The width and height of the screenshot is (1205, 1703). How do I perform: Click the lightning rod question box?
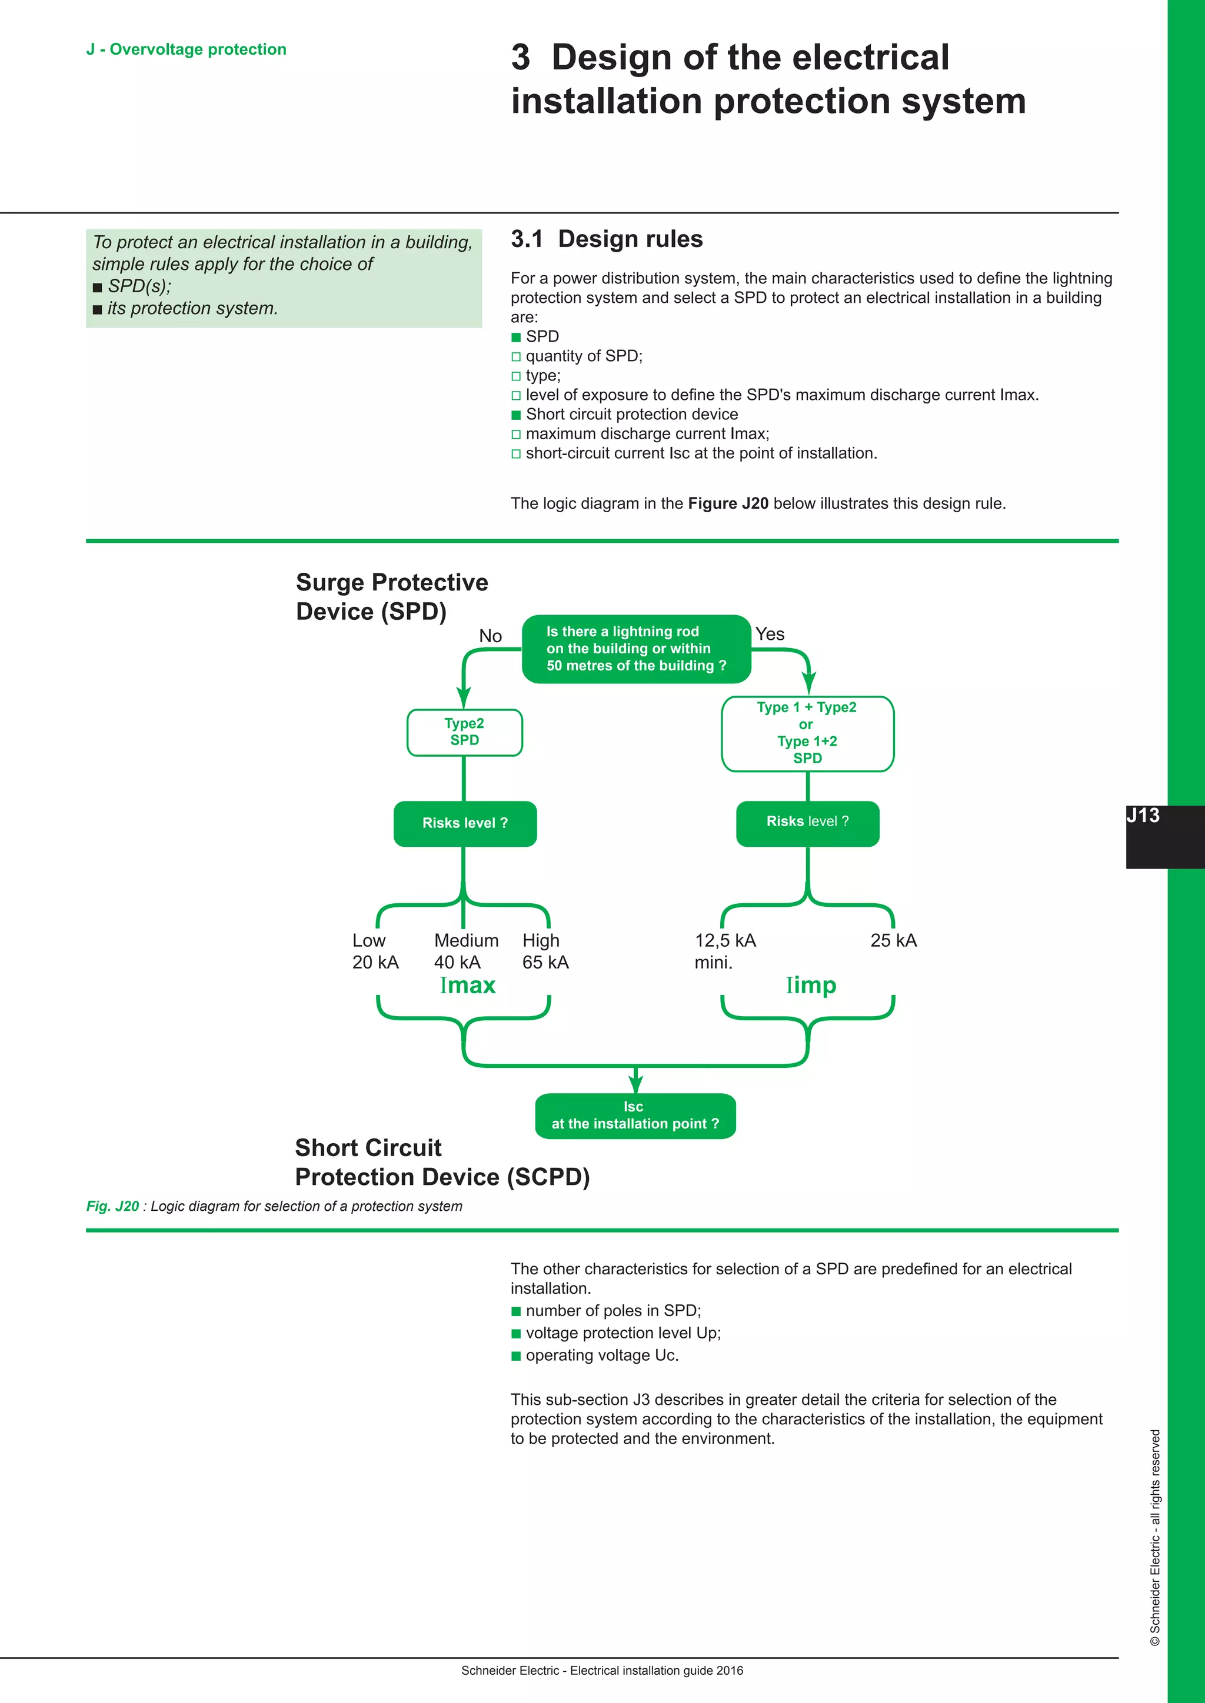pyautogui.click(x=636, y=649)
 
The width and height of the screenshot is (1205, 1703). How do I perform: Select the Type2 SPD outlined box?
pyautogui.click(x=464, y=732)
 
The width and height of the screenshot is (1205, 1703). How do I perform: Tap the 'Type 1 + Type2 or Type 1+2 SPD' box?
pyautogui.click(x=807, y=733)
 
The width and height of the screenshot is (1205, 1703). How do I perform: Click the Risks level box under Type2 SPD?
pyautogui.click(x=464, y=823)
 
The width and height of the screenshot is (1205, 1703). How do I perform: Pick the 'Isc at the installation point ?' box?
pyautogui.click(x=635, y=1116)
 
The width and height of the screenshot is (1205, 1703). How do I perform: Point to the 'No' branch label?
pyautogui.click(x=491, y=636)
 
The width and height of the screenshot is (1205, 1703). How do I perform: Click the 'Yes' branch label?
pyautogui.click(x=770, y=634)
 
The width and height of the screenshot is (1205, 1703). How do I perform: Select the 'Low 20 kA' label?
pyautogui.click(x=375, y=951)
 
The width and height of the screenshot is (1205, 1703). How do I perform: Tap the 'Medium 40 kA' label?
pyautogui.click(x=466, y=951)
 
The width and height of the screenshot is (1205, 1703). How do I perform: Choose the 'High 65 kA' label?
pyautogui.click(x=545, y=951)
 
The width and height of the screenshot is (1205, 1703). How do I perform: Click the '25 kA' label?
pyautogui.click(x=893, y=940)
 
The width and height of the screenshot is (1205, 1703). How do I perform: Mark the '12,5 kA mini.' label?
pyautogui.click(x=725, y=951)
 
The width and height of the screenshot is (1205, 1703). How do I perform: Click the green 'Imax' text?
pyautogui.click(x=467, y=985)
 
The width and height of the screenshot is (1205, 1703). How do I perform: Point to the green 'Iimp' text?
pyautogui.click(x=811, y=985)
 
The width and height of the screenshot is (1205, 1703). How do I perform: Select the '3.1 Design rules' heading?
pyautogui.click(x=606, y=239)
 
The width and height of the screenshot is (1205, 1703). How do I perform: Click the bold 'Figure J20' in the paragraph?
pyautogui.click(x=728, y=503)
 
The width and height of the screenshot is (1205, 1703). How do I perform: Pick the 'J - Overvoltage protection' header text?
pyautogui.click(x=187, y=50)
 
